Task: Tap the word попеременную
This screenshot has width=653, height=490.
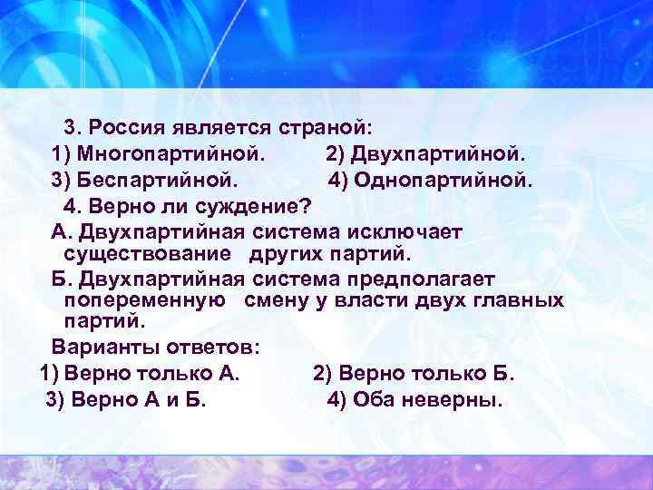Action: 145,299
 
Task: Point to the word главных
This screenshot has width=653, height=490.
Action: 517,299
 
